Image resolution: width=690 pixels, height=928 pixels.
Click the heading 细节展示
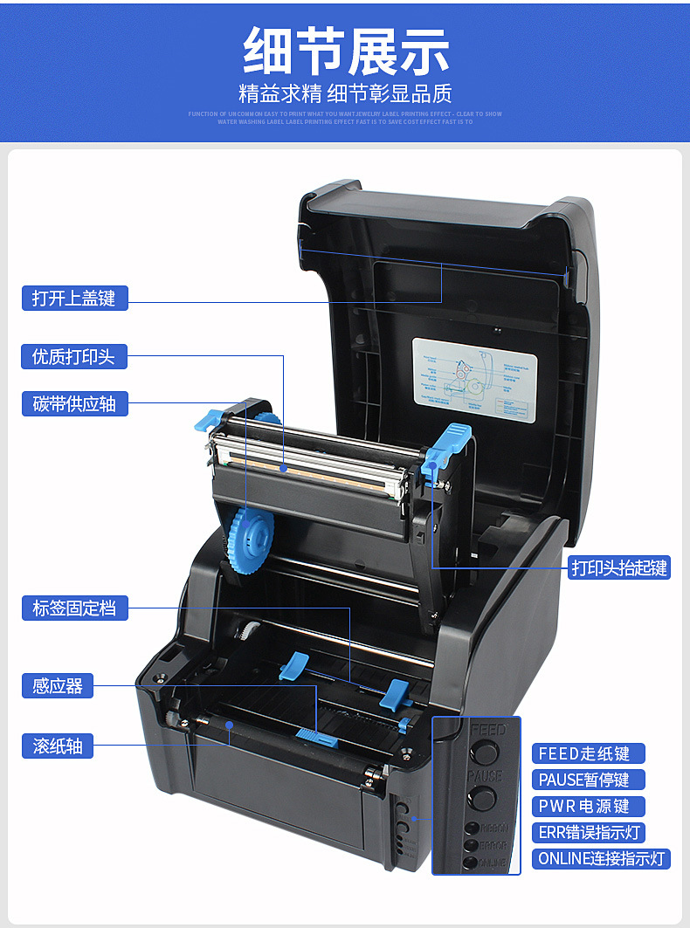pos(346,51)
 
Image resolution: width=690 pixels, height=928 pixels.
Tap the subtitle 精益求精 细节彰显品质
pos(346,93)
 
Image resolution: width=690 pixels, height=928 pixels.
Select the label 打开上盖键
pos(74,298)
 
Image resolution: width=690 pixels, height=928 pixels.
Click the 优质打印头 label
pos(74,356)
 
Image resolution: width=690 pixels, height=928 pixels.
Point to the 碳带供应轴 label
pos(74,403)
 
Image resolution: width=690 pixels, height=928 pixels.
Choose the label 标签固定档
pos(74,608)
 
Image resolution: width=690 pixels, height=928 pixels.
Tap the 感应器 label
pos(58,686)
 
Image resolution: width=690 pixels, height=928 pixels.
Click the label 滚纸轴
pos(58,746)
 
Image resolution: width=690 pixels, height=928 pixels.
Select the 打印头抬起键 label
pos(619,567)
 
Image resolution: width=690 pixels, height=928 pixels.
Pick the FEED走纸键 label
pos(588,753)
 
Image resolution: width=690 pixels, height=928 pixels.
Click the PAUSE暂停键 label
pos(588,780)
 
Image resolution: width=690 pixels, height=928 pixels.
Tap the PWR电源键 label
pos(588,806)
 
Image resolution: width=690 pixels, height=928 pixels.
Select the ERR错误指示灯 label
pos(588,832)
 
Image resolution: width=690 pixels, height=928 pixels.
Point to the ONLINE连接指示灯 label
pos(602,858)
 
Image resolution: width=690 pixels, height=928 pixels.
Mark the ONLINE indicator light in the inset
pos(473,863)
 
